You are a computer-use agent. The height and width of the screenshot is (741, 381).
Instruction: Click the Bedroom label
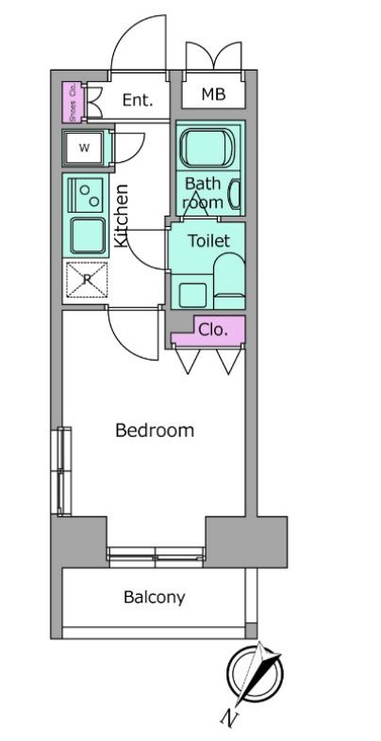155,430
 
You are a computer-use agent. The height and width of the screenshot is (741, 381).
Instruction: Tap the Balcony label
155,598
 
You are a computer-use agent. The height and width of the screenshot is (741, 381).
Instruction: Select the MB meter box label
213,94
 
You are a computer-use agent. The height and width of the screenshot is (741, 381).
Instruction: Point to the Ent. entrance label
138,100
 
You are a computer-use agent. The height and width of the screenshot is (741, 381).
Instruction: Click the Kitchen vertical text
122,216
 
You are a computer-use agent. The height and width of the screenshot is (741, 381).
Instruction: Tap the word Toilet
208,240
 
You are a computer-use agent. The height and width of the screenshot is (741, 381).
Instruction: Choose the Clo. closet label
212,330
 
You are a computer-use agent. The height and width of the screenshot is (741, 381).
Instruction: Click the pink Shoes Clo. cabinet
73,103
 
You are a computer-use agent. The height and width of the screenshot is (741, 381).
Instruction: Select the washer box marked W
84,147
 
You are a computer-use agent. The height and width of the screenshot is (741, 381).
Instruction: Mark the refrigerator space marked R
87,280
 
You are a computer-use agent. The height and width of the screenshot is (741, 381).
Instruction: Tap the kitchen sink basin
89,236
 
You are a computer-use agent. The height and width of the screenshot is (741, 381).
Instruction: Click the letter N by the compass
229,718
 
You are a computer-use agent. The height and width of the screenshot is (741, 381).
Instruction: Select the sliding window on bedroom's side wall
62,471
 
